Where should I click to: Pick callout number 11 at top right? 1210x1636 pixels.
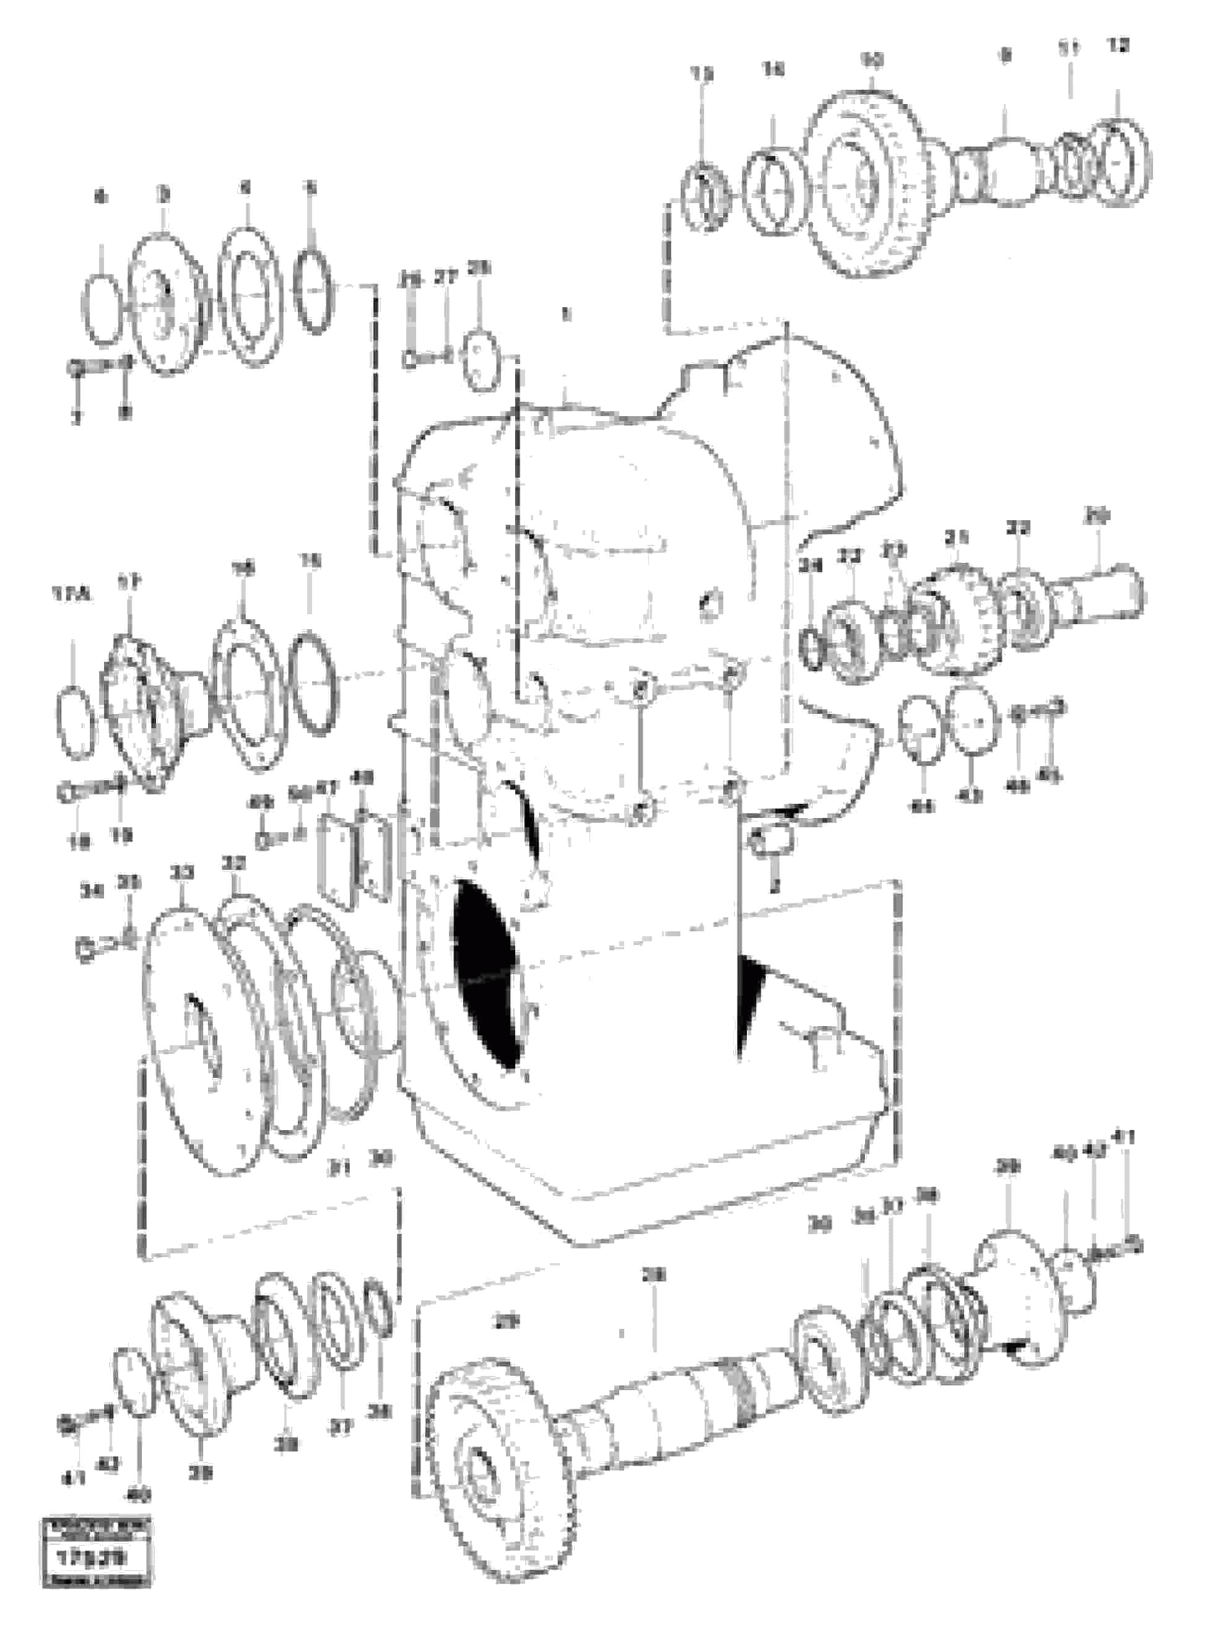[1069, 50]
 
